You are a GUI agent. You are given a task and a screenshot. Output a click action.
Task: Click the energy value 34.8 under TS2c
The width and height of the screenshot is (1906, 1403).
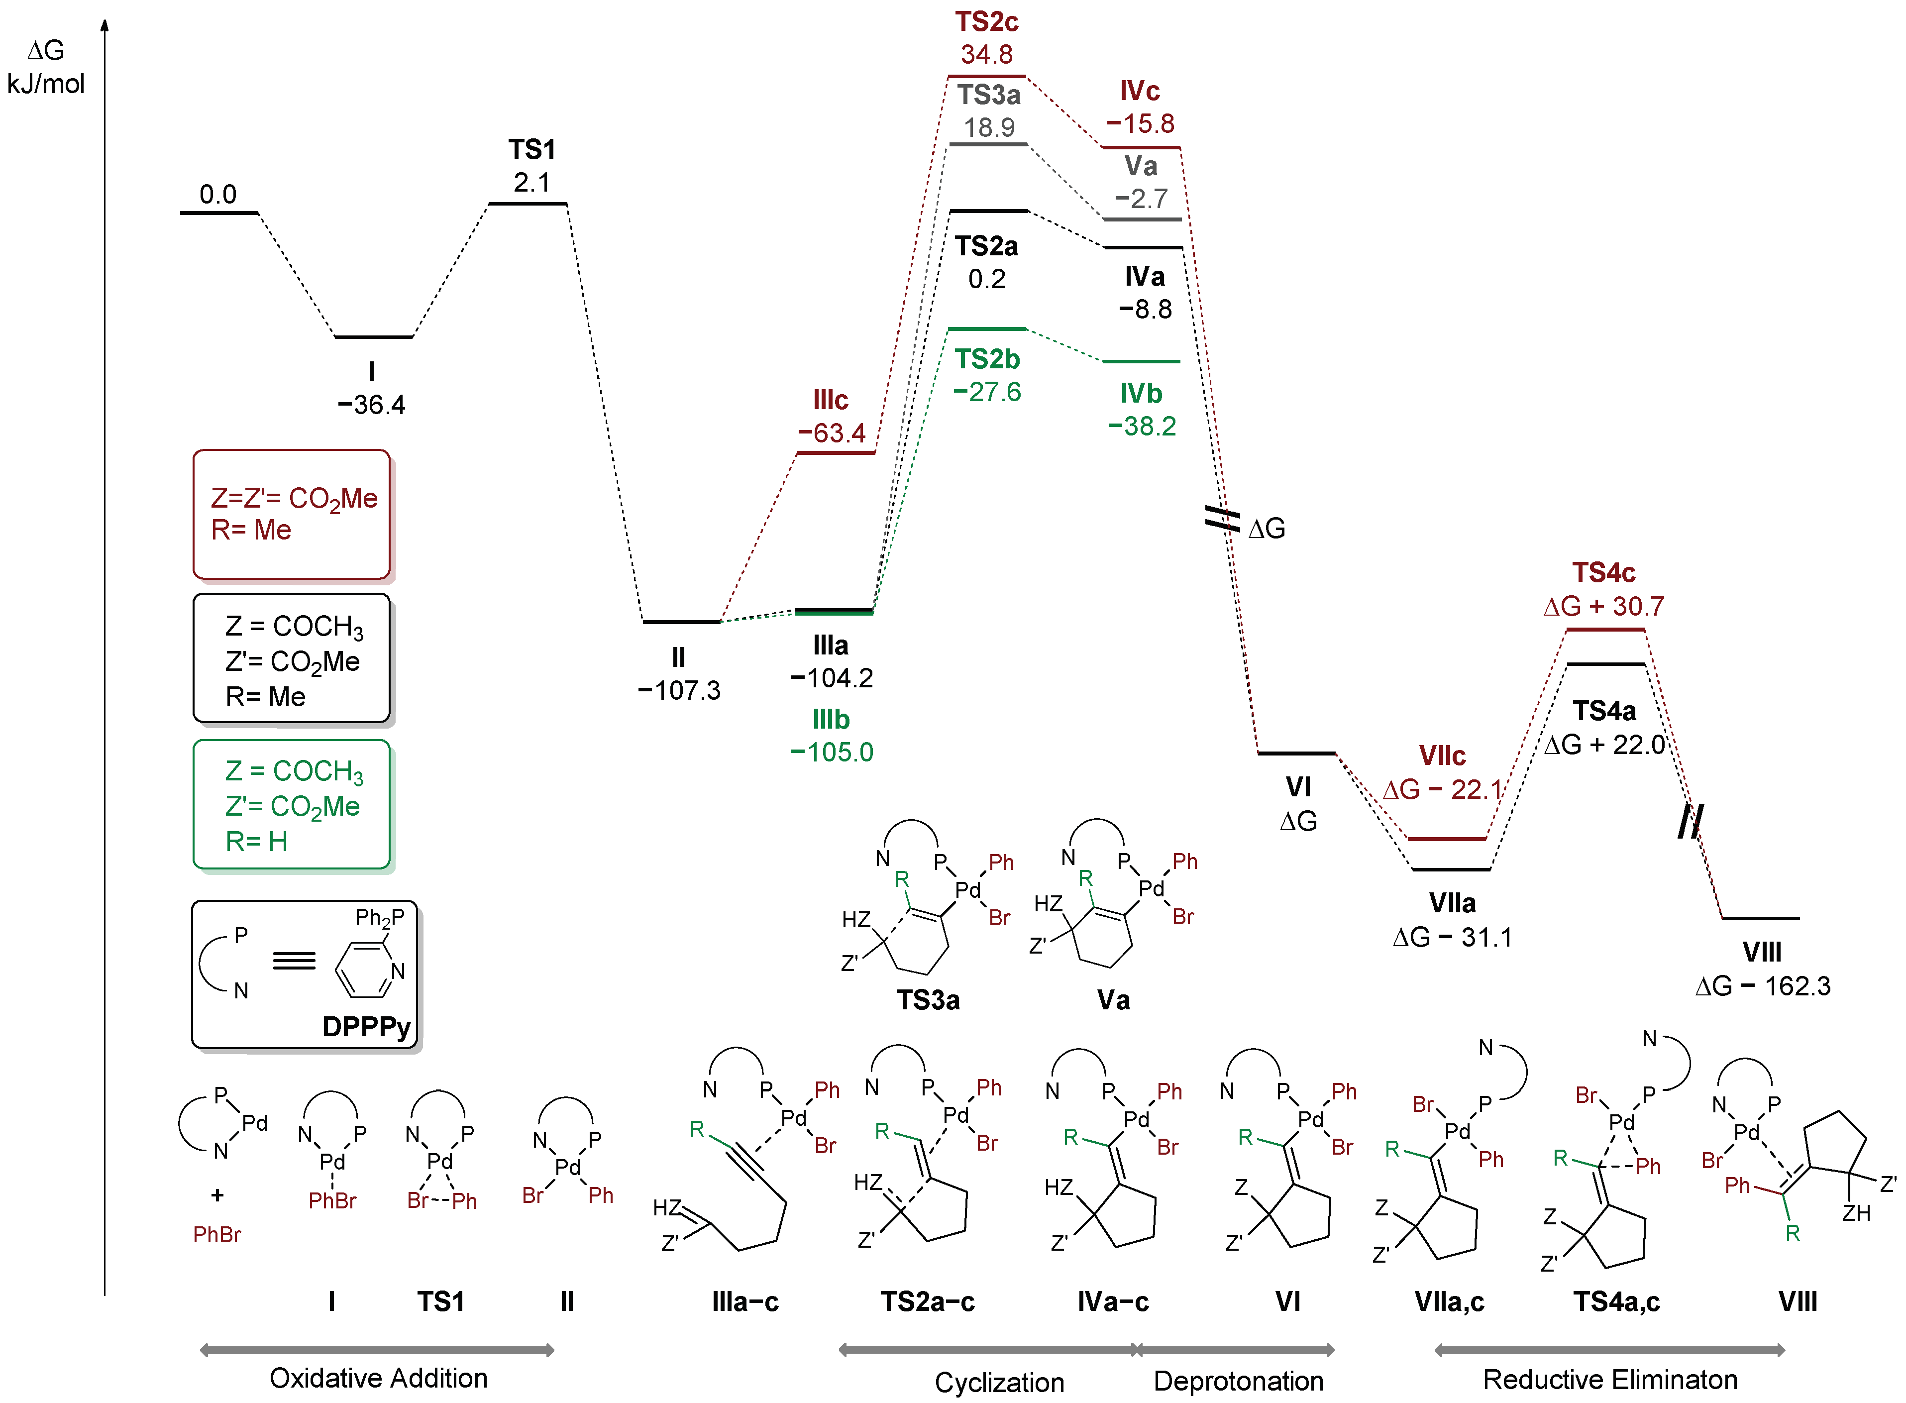(x=986, y=54)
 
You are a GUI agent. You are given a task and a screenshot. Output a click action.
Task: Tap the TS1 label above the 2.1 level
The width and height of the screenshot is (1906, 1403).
(x=531, y=149)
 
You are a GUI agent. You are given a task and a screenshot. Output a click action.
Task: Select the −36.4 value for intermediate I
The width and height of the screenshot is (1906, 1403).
(x=371, y=404)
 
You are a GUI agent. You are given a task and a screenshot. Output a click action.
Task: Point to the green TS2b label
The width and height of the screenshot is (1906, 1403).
(x=986, y=359)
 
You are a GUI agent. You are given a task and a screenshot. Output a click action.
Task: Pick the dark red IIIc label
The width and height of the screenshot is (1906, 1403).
(x=830, y=400)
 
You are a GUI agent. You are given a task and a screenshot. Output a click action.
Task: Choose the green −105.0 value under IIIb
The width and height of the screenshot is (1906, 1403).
(x=831, y=753)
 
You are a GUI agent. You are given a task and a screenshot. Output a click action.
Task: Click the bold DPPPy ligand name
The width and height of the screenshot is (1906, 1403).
(x=366, y=1027)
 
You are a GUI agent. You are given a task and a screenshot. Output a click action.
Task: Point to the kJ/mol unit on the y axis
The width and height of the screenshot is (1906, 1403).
(x=46, y=84)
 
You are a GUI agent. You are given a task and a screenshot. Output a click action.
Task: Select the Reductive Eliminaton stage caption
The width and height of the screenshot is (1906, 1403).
(x=1610, y=1379)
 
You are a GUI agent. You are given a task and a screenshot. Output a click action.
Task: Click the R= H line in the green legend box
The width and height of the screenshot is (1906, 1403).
(x=256, y=842)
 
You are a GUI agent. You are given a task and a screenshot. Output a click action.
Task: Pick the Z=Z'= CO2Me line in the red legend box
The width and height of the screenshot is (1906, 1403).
(x=294, y=499)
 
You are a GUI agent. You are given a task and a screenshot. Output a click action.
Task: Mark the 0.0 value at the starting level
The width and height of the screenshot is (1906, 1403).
(x=217, y=195)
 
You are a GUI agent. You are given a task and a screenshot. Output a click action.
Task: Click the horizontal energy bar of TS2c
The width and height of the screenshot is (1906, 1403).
(x=986, y=77)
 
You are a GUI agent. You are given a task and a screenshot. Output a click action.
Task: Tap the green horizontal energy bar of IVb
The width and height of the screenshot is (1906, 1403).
(x=1141, y=362)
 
